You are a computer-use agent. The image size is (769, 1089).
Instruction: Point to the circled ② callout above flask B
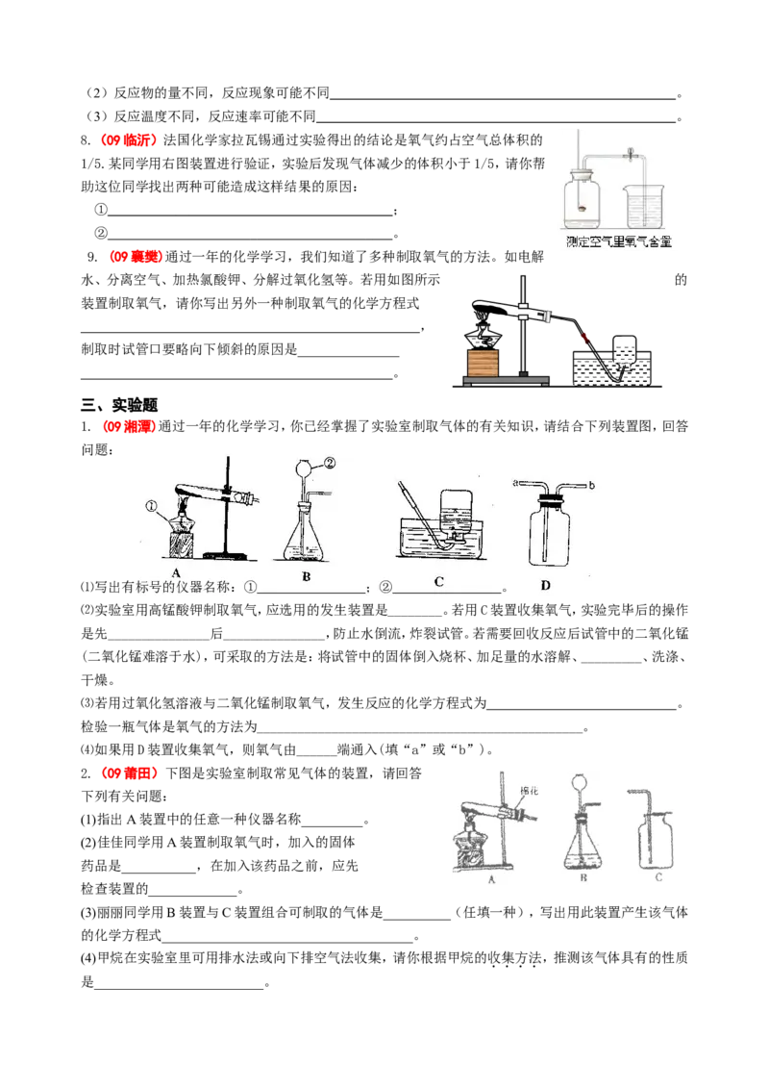click(x=329, y=462)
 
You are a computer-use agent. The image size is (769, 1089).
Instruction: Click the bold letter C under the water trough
click(x=438, y=581)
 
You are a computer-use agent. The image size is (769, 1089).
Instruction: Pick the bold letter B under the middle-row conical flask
click(x=306, y=577)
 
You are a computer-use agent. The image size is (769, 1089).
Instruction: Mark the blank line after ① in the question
click(x=311, y=590)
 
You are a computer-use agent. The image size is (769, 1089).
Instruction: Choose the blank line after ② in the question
click(x=447, y=590)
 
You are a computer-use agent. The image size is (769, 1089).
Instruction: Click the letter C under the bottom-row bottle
click(x=658, y=876)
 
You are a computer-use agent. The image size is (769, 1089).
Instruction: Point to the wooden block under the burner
click(x=482, y=363)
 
